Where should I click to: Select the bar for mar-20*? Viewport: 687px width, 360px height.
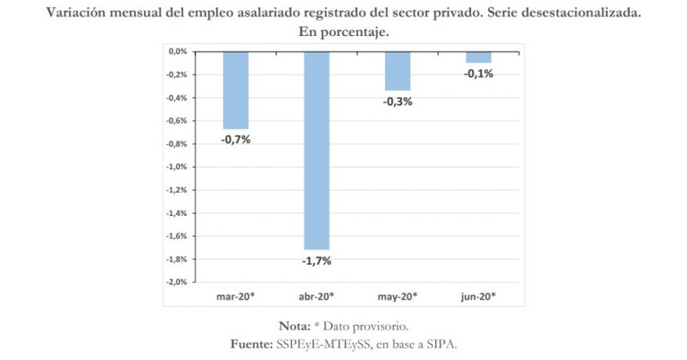pyautogui.click(x=236, y=90)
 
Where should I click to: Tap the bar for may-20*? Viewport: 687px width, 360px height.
pyautogui.click(x=397, y=70)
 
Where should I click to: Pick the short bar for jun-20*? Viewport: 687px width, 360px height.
pyautogui.click(x=478, y=56)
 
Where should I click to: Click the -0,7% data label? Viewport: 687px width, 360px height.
pyautogui.click(x=236, y=139)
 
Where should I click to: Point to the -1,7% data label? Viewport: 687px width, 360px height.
pyautogui.click(x=317, y=261)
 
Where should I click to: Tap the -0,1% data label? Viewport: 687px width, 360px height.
pyautogui.click(x=478, y=74)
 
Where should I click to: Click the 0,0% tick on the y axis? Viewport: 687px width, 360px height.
pyautogui.click(x=177, y=52)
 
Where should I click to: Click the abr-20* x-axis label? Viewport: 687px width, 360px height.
pyautogui.click(x=317, y=295)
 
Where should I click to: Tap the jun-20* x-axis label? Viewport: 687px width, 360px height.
pyautogui.click(x=478, y=295)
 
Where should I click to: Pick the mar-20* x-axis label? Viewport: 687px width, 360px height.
pyautogui.click(x=236, y=295)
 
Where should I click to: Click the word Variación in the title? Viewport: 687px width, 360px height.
pyautogui.click(x=78, y=14)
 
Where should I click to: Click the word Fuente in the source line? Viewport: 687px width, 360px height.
pyautogui.click(x=250, y=344)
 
